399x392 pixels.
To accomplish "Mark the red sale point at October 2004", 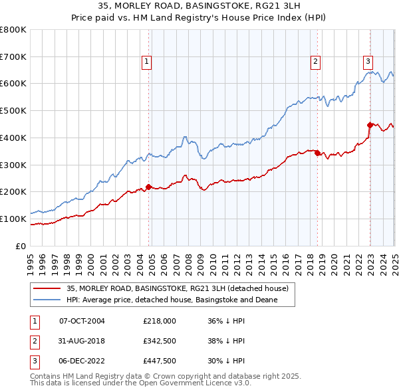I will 148,187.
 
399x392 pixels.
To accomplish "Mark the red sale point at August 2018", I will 317,153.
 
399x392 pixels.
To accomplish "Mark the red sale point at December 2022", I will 370,124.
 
